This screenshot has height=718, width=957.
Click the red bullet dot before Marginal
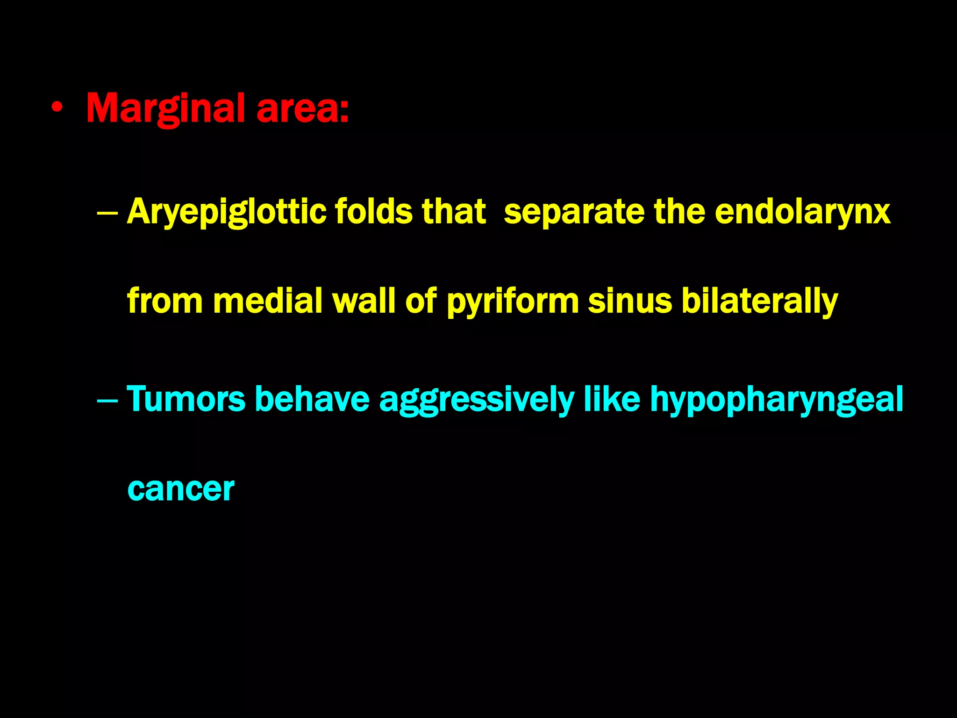[57, 109]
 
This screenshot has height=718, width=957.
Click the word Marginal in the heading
[165, 109]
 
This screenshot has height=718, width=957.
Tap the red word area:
[302, 109]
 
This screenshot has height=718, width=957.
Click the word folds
[374, 212]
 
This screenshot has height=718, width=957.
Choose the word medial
[267, 301]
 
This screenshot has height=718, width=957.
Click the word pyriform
[513, 302]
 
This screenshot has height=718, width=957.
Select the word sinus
[629, 301]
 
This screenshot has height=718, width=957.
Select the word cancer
[180, 489]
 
